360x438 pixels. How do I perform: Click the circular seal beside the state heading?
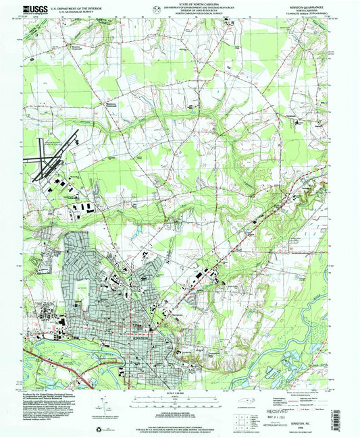coord(157,9)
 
